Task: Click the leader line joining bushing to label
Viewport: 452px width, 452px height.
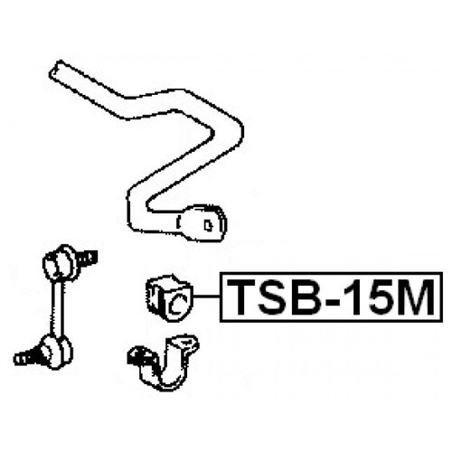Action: tap(206, 297)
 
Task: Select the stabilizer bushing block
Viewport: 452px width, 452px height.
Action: tap(169, 297)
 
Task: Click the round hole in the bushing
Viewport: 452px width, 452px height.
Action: tap(177, 304)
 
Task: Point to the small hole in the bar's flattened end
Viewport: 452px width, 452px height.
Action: tap(208, 224)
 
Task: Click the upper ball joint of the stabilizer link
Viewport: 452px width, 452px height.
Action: tap(61, 263)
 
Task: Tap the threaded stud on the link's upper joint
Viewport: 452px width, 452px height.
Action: tap(89, 258)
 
